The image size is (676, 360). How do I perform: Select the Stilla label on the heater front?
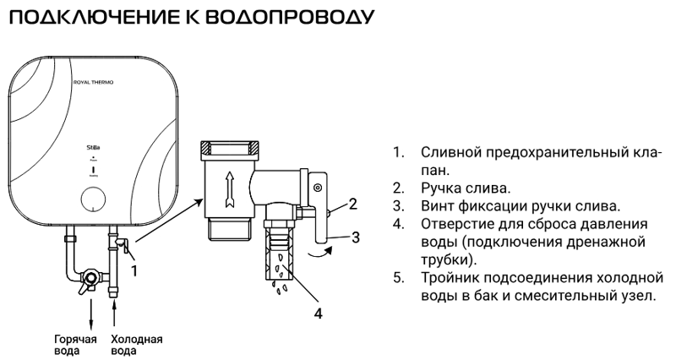[90, 146]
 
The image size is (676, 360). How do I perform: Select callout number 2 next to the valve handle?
[353, 203]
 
